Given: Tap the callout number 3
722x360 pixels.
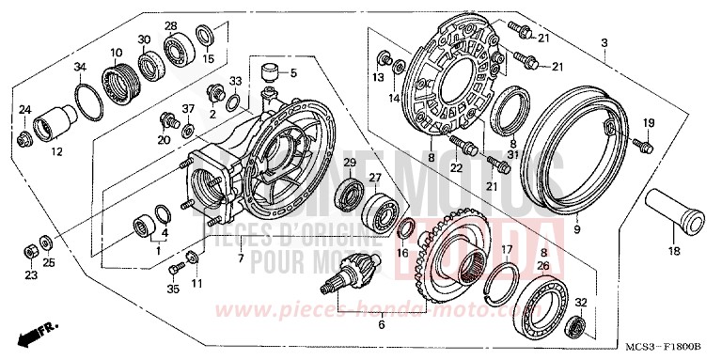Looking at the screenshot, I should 604,43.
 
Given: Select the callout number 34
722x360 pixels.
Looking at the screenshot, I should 80,66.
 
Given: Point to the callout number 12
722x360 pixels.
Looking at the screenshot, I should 56,151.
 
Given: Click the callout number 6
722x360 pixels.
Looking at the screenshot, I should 381,325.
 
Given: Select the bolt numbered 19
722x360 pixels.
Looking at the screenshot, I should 643,145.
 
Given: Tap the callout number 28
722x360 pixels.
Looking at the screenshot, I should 171,25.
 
